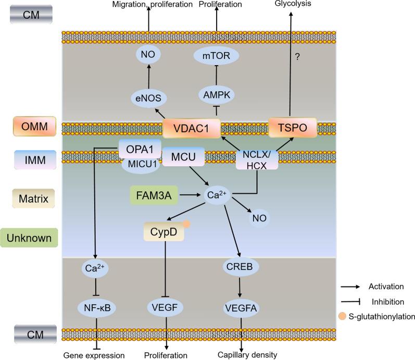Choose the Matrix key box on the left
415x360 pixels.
click(x=32, y=198)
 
